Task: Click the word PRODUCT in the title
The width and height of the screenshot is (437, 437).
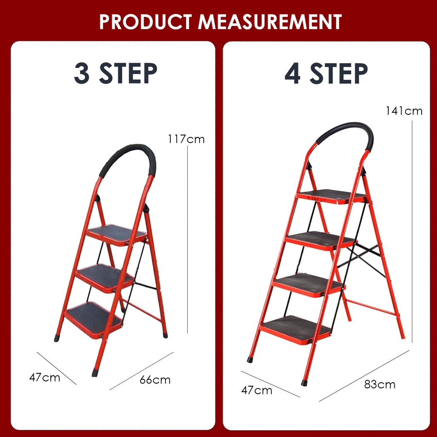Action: point(146,22)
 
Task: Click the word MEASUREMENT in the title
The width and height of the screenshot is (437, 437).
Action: point(270,22)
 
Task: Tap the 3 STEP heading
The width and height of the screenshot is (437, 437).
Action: point(116,73)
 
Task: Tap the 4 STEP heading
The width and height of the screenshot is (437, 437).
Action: point(326,73)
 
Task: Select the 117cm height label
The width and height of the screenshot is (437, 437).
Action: point(186,139)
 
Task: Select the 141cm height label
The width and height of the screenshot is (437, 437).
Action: point(404,111)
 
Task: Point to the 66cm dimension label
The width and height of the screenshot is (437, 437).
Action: point(155,380)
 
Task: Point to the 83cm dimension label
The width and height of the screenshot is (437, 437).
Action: point(379,385)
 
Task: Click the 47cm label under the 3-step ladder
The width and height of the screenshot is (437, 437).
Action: point(44,378)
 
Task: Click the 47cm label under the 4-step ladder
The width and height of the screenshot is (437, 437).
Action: point(256,390)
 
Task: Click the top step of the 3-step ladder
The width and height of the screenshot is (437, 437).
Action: point(116,235)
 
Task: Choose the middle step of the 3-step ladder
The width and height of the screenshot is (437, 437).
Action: point(105,277)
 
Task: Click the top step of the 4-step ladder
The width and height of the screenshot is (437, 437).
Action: point(331,196)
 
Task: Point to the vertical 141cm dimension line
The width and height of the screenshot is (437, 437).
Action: point(412,232)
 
